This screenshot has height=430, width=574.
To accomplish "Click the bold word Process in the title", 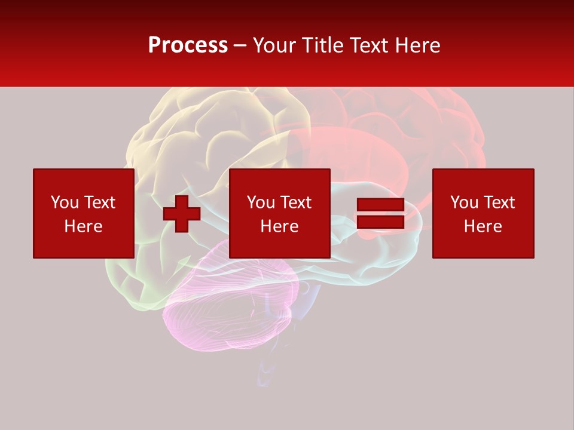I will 188,45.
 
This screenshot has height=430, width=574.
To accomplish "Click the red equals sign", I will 380,214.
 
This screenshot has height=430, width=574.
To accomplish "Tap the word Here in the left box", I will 84,226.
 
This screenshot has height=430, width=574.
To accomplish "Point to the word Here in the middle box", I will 279,226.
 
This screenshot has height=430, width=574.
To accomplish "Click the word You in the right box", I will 464,202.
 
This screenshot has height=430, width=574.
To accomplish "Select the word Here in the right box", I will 483,226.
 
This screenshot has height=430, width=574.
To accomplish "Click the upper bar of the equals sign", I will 380,205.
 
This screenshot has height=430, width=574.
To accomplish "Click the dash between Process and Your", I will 240,45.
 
